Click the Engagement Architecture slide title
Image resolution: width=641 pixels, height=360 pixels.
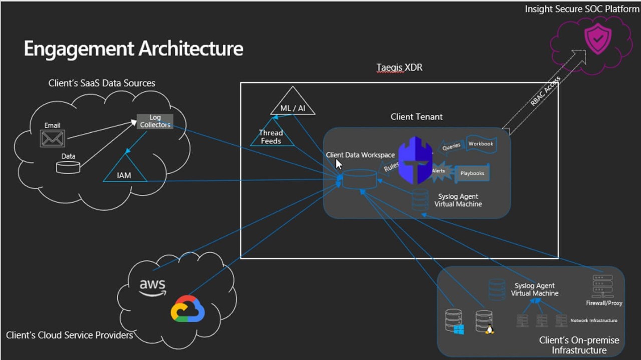tap(133, 49)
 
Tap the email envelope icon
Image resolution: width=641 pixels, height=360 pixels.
tap(53, 138)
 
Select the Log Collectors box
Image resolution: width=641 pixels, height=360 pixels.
tap(155, 121)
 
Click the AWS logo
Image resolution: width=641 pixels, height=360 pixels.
tap(153, 287)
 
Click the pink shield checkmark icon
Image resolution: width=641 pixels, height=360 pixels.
tap(598, 40)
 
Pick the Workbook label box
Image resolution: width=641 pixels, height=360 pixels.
tap(481, 144)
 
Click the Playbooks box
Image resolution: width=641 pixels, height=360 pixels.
tap(472, 173)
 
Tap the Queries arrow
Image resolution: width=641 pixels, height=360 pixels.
tap(450, 146)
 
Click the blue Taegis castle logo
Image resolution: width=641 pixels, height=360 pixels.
tap(415, 160)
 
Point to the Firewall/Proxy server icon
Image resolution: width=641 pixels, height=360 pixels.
tap(603, 286)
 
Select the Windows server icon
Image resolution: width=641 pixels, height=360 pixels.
tap(454, 321)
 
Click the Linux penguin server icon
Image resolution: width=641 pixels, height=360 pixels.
tap(485, 321)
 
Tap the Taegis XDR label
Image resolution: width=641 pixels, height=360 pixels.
tap(399, 67)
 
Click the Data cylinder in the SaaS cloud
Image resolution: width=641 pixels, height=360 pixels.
tap(68, 167)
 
